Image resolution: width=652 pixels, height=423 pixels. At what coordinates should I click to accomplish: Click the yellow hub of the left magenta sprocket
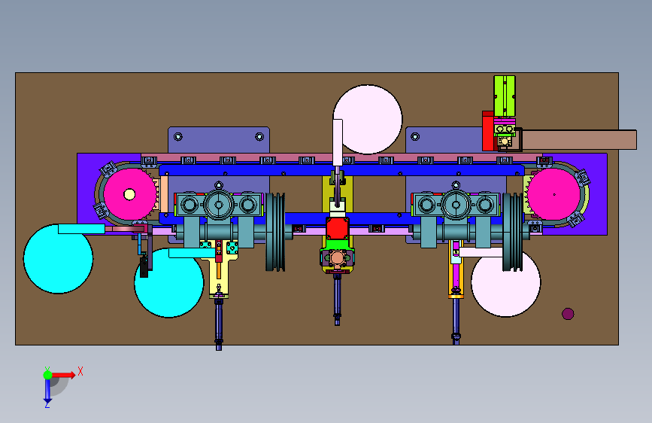coord(129,194)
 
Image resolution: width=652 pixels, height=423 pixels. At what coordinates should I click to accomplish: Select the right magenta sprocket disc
coord(554,194)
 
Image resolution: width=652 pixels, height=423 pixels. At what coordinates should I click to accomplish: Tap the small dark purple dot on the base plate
coord(568,314)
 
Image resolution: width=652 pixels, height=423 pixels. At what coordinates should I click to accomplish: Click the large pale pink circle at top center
coord(368,120)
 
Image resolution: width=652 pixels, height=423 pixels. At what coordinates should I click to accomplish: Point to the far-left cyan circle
coord(58,259)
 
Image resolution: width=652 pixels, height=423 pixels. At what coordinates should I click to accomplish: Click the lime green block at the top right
coord(505,96)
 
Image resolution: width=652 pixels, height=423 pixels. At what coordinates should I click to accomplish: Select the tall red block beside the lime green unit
coord(488,131)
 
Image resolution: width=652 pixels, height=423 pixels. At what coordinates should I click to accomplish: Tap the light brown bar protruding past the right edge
coord(579,140)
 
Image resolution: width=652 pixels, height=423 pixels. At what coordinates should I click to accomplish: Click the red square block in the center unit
coord(337,228)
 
